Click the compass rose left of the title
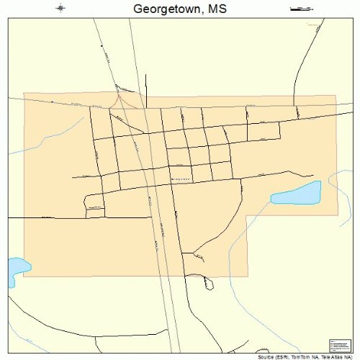coord(60,9)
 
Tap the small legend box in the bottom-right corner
coord(338,345)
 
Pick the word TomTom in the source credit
coord(302,356)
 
